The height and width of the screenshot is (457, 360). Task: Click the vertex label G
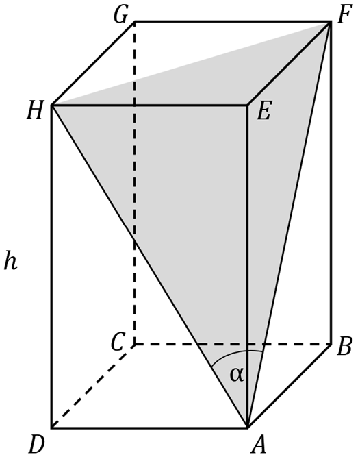click(120, 15)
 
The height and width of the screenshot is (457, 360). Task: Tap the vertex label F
click(346, 14)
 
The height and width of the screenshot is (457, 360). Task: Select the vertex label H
click(35, 111)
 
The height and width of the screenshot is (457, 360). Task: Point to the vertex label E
click(264, 111)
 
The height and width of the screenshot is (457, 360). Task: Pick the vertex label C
click(118, 343)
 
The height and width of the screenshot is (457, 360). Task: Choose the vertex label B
click(345, 347)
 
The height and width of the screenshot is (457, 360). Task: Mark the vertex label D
click(37, 445)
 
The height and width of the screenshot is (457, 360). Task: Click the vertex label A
click(259, 445)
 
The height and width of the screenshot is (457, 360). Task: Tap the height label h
click(11, 261)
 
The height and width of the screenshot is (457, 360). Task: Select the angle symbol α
click(237, 375)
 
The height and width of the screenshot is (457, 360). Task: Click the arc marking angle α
click(235, 353)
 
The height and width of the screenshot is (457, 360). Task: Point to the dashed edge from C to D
click(93, 386)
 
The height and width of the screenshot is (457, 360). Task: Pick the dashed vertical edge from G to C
click(134, 183)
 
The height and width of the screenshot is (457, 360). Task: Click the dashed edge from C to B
click(233, 345)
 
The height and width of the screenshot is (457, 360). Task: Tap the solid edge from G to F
click(233, 21)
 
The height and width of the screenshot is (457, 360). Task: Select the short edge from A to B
click(290, 386)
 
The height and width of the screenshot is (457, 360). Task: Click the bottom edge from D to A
click(149, 428)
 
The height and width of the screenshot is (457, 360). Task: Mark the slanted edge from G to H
click(93, 63)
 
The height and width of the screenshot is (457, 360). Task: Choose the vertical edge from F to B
click(331, 183)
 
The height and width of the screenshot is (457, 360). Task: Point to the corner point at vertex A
click(247, 428)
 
